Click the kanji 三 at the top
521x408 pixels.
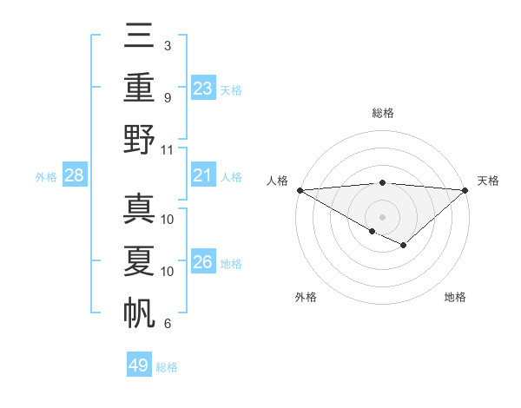pyautogui.click(x=140, y=36)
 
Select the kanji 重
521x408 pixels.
pyautogui.click(x=140, y=87)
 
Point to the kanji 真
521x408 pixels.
pyautogui.click(x=140, y=208)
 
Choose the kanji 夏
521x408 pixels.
pyautogui.click(x=140, y=260)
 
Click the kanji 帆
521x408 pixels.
pyautogui.click(x=140, y=311)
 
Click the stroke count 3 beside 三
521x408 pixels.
pyautogui.click(x=167, y=45)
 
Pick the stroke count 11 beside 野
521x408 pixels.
pyautogui.click(x=168, y=149)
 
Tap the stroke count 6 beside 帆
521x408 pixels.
pyautogui.click(x=167, y=324)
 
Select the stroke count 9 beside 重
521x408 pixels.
pyautogui.click(x=167, y=98)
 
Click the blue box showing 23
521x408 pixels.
pyautogui.click(x=203, y=88)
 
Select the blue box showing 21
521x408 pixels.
pyautogui.click(x=203, y=175)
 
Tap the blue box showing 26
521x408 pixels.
pyautogui.click(x=203, y=261)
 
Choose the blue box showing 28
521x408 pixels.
pyautogui.click(x=74, y=175)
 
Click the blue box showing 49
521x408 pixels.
pyautogui.click(x=139, y=365)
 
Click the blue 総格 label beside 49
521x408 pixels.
pyautogui.click(x=168, y=367)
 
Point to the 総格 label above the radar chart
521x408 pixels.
pyautogui.click(x=382, y=113)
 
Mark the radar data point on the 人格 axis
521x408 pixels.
pyautogui.click(x=300, y=190)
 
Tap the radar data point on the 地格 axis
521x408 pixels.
pyautogui.click(x=404, y=247)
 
